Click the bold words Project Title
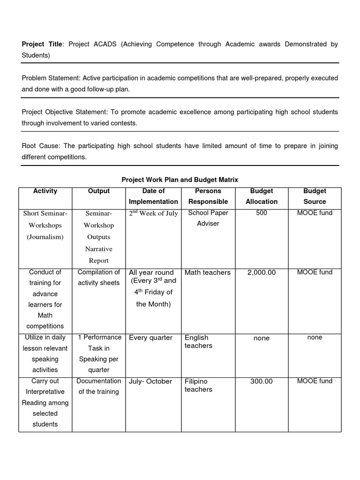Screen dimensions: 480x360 [x=42, y=45]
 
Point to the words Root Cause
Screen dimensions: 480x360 [x=40, y=146]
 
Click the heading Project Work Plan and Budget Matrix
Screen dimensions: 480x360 [x=180, y=180]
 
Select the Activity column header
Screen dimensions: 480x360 [x=45, y=191]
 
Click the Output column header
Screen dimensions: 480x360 [x=99, y=191]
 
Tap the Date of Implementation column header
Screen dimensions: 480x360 [x=153, y=196]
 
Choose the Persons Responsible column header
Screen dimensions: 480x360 [x=208, y=196]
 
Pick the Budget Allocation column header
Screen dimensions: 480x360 [x=262, y=196]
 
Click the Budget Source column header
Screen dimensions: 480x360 [x=315, y=196]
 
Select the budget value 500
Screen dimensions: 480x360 [x=262, y=213]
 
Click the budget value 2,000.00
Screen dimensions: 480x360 [x=262, y=272]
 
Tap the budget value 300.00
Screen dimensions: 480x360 [x=262, y=381]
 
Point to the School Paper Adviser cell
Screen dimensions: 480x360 [x=208, y=218]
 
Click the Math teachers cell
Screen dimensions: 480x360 [x=208, y=272]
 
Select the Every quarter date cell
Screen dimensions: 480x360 [x=150, y=337]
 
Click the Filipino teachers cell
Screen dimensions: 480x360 [x=198, y=385]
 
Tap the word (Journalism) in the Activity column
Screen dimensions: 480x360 [x=45, y=237]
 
